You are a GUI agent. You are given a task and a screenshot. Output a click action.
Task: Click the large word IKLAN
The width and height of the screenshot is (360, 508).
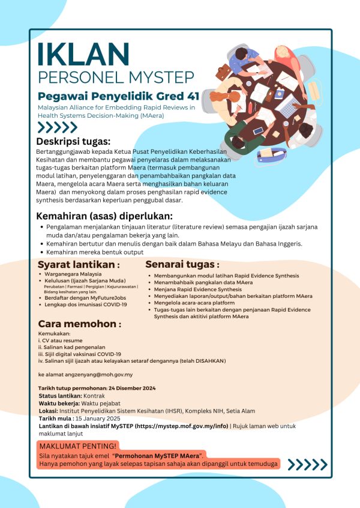tap(83, 56)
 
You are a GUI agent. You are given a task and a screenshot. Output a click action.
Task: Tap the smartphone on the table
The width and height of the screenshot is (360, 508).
tap(259, 130)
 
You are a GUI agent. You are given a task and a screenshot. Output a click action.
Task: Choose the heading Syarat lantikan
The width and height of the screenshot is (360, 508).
tap(79, 265)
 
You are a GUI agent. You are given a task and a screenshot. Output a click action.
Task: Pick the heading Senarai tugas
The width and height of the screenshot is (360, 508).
tap(182, 264)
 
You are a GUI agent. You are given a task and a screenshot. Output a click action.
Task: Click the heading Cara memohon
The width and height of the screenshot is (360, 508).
tap(80, 324)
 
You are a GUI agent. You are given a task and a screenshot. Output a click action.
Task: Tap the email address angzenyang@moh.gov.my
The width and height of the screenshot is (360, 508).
tap(92, 374)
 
